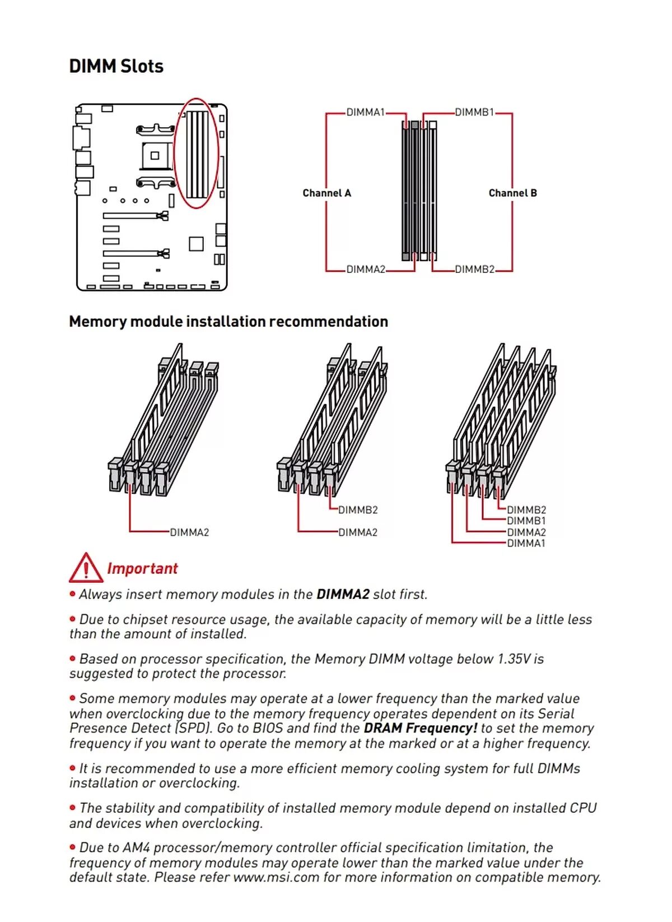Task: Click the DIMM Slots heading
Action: (x=116, y=66)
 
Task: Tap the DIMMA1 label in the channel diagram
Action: (x=365, y=112)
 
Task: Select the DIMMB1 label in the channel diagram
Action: (x=474, y=112)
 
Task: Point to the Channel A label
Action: (x=326, y=193)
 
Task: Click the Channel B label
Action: (x=512, y=193)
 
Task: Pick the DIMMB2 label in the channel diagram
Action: (x=474, y=270)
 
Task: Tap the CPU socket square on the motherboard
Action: (x=155, y=155)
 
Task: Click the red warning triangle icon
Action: (x=85, y=568)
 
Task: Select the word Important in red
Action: (x=142, y=568)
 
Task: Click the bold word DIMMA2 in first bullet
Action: (x=343, y=594)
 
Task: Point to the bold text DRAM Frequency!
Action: (x=420, y=728)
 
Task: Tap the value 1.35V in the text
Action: (x=514, y=659)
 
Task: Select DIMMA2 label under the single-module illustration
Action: (x=189, y=532)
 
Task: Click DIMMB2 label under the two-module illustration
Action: (x=358, y=510)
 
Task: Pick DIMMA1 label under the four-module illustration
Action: (x=526, y=543)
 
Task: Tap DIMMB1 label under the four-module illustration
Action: (x=526, y=521)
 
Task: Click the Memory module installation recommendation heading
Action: (x=228, y=321)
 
